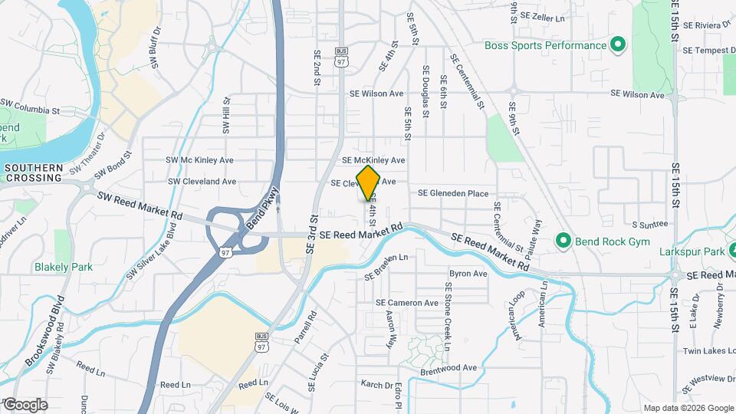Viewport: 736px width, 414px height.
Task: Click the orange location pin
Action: coord(369,182)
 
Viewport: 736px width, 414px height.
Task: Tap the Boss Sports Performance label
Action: coord(545,45)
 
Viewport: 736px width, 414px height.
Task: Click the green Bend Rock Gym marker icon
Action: coord(564,241)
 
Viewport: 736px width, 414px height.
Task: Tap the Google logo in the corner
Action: coord(25,404)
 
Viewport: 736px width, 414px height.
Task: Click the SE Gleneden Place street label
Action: coord(452,193)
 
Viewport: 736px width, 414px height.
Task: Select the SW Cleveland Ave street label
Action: coord(202,182)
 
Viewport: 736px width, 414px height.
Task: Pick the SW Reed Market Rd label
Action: coord(140,205)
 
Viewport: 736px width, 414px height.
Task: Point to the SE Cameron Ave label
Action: coord(406,303)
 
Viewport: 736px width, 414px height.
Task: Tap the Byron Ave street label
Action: coord(468,274)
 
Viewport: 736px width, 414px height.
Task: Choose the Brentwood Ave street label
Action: coord(449,368)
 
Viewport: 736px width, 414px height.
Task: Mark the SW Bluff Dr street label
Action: coord(156,48)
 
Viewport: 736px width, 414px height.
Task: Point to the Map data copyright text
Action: coord(688,408)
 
